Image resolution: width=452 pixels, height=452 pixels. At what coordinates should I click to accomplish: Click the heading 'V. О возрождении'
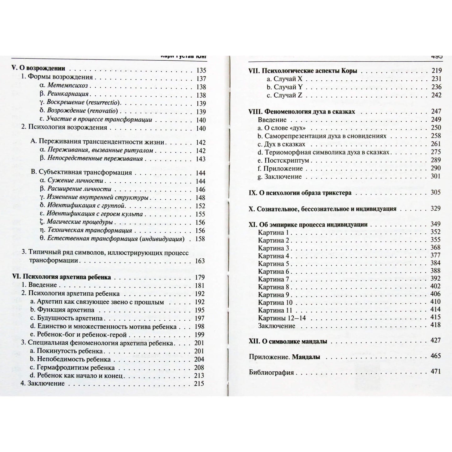[38, 69]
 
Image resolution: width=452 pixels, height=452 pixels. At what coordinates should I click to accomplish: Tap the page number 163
[200, 261]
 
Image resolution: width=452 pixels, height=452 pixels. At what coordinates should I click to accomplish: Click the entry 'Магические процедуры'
[79, 222]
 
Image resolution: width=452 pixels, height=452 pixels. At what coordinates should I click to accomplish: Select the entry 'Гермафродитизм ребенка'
[75, 368]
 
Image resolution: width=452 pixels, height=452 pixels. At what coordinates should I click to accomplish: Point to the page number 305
[435, 192]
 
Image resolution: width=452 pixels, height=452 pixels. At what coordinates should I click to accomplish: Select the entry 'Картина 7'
[273, 279]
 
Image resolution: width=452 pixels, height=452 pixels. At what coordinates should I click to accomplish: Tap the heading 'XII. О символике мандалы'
[288, 342]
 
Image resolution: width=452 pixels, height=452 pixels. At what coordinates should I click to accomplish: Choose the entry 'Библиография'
[271, 373]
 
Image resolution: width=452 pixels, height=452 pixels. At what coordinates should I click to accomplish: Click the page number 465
[435, 356]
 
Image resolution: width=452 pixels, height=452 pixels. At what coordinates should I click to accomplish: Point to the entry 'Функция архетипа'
[65, 310]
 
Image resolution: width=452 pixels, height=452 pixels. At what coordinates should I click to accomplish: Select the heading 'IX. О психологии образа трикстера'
[300, 193]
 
